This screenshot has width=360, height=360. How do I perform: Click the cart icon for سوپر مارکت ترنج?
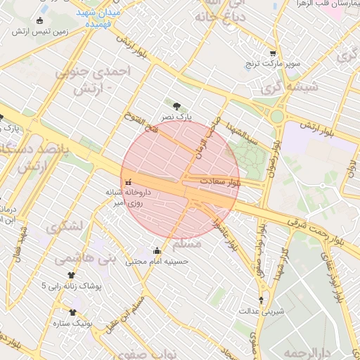[273, 53]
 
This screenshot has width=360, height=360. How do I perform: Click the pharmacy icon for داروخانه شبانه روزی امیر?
[127, 184]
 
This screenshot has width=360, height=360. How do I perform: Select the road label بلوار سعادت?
[220, 181]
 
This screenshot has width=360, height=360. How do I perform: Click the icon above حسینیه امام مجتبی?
[156, 251]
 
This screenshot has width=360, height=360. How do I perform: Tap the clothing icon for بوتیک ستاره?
[72, 312]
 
